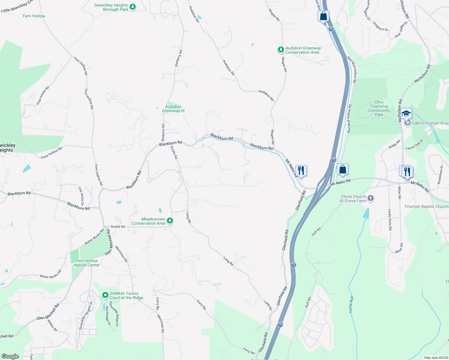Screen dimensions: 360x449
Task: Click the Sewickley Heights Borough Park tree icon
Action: point(133,7)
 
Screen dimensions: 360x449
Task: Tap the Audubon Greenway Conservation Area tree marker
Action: point(281,49)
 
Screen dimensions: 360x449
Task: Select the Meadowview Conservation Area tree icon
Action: point(170,221)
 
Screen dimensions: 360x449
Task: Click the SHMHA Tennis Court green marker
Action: point(105,295)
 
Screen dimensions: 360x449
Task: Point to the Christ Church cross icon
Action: point(371,198)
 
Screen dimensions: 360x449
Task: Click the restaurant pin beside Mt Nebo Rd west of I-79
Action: point(301,171)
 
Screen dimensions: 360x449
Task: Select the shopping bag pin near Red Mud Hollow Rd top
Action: point(323,16)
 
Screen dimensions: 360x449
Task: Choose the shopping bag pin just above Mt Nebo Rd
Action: point(342,169)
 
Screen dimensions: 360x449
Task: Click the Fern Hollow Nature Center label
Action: point(87,263)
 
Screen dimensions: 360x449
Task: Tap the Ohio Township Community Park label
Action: point(379,108)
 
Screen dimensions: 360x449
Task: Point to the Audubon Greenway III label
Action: point(173,109)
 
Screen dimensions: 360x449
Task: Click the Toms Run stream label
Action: point(351,304)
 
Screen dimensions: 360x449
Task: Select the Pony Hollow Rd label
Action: point(52,152)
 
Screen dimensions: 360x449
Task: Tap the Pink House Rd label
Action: point(43,95)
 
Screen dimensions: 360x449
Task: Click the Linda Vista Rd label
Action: point(390,220)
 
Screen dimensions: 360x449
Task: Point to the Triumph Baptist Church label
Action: point(426,206)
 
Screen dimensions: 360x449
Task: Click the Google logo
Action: point(10,356)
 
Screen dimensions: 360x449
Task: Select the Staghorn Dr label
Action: point(381,26)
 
